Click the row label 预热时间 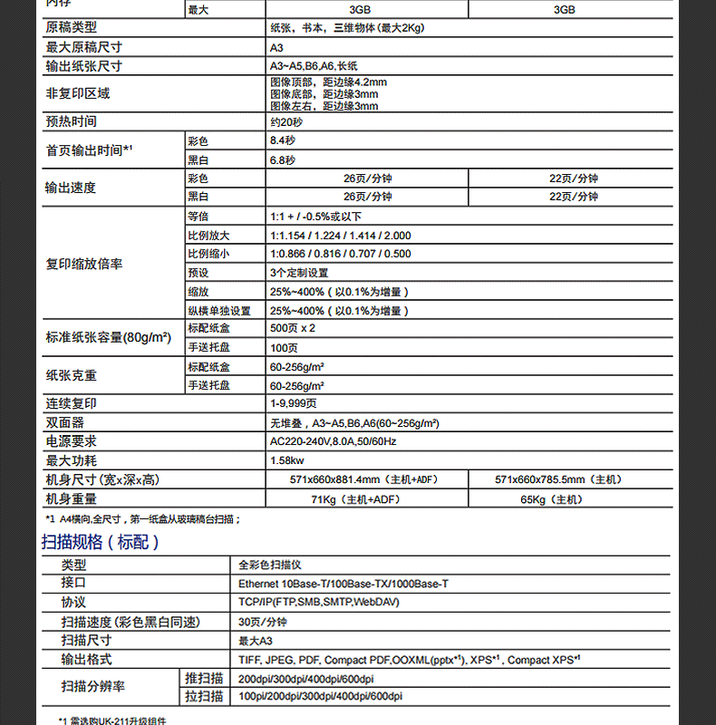pyautogui.click(x=72, y=121)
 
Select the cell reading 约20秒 pyautogui.click(x=286, y=122)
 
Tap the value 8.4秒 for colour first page pyautogui.click(x=282, y=140)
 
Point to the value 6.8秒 pyautogui.click(x=282, y=160)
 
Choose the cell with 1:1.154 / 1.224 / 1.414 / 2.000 pyautogui.click(x=340, y=236)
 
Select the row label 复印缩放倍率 pyautogui.click(x=84, y=265)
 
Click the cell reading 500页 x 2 pyautogui.click(x=292, y=328)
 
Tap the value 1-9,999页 pyautogui.click(x=294, y=404)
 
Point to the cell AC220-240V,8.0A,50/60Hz pyautogui.click(x=333, y=441)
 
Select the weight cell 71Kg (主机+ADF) pyautogui.click(x=355, y=499)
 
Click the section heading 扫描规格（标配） pyautogui.click(x=101, y=543)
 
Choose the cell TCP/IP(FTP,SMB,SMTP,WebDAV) pyautogui.click(x=318, y=602)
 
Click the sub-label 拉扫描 pyautogui.click(x=204, y=696)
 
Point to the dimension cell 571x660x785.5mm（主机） pyautogui.click(x=558, y=479)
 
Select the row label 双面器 pyautogui.click(x=65, y=423)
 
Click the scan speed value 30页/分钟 pyautogui.click(x=263, y=622)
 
